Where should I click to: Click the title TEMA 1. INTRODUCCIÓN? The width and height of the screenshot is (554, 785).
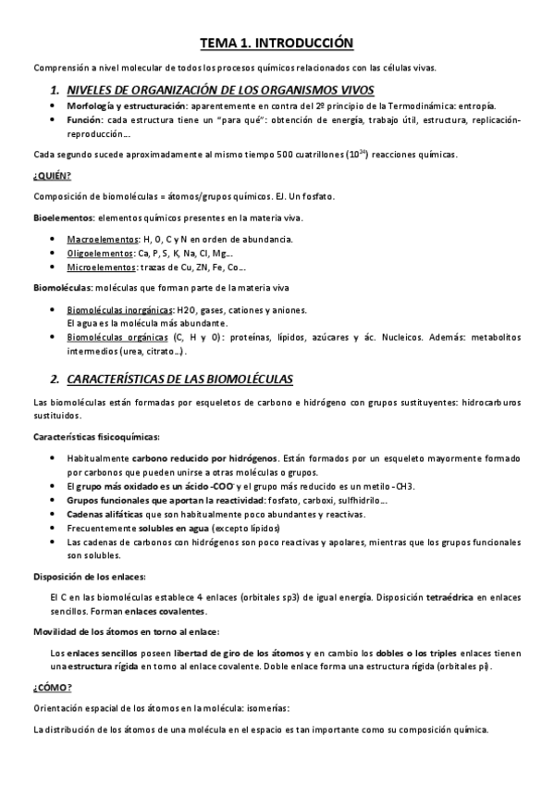277,43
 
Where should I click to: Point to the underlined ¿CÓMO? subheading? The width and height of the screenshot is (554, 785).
52,686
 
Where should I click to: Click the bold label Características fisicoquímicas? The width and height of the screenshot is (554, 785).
96,436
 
